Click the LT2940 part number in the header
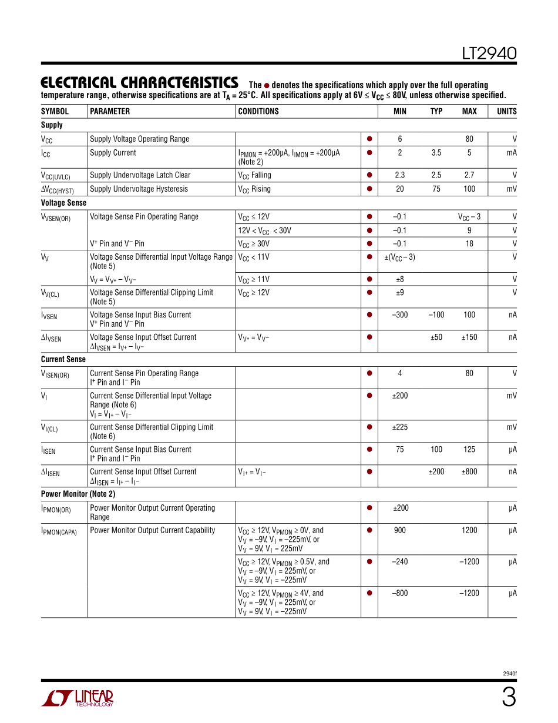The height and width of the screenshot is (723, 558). coord(489,54)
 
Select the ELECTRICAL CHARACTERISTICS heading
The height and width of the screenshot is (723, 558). coord(139,83)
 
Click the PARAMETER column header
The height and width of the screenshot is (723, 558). coord(110,111)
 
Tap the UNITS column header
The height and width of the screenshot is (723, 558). coord(507,111)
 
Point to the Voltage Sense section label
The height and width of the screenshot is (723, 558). coord(63,203)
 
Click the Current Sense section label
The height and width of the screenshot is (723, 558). coord(63,359)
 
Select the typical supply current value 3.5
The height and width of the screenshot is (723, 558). coord(436,153)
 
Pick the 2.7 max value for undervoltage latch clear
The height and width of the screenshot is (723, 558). coord(469,175)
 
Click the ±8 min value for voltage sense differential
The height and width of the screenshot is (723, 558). coord(399,279)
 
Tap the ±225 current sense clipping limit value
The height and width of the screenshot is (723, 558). coord(399,427)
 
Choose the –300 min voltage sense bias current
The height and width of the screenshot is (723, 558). coord(399,315)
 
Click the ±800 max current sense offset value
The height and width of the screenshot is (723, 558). coord(469,472)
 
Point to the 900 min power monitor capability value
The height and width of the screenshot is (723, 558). coord(399,530)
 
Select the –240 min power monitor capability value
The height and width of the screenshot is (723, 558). coord(399,562)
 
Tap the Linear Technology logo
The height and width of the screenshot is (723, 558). coord(77,698)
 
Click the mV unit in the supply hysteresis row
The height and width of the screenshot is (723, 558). coord(512,189)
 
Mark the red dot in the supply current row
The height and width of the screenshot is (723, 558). coord(369,153)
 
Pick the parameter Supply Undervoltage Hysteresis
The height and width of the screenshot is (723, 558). coord(139,189)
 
